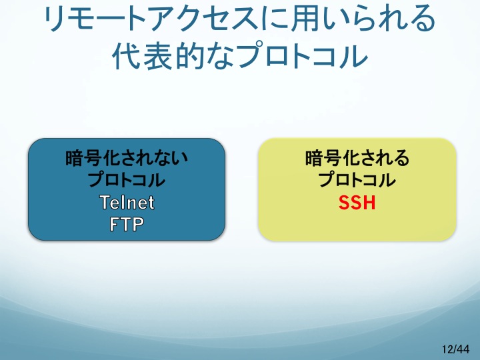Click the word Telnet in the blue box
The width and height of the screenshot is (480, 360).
tap(127, 203)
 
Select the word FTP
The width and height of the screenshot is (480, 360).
tap(127, 224)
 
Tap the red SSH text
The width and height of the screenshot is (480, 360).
tap(357, 203)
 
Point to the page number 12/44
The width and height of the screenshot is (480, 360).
tap(455, 349)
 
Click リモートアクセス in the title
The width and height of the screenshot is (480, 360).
tap(150, 19)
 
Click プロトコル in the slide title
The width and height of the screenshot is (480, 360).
tap(303, 56)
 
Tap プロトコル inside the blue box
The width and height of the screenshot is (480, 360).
tap(127, 179)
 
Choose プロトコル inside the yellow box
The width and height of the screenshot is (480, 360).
tap(357, 179)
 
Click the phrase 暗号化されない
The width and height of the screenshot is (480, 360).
tap(127, 158)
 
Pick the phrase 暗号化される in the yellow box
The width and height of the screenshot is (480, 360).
tap(357, 158)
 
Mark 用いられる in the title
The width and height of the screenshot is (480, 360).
tap(363, 19)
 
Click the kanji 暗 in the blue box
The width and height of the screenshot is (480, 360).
tap(75, 158)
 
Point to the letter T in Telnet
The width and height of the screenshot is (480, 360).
tap(105, 203)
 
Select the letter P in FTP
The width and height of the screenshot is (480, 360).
tap(138, 224)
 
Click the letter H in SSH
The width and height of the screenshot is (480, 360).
tap(369, 203)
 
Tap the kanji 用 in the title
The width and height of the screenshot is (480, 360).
tap(303, 19)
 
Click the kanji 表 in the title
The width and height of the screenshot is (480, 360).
tap(157, 56)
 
